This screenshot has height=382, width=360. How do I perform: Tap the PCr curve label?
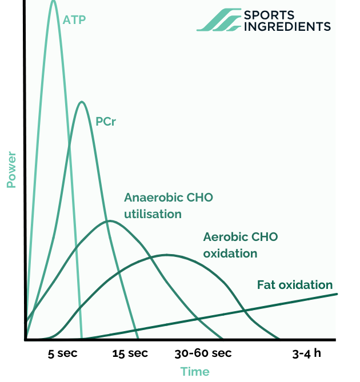click(x=106, y=122)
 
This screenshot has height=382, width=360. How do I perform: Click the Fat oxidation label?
click(x=294, y=284)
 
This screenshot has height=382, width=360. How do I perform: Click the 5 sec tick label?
click(x=63, y=353)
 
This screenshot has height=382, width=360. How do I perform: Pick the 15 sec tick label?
click(x=130, y=353)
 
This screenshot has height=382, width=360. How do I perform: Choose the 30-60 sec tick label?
click(x=203, y=353)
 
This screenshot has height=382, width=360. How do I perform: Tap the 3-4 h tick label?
click(x=307, y=353)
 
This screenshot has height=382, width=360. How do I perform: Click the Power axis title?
click(x=11, y=169)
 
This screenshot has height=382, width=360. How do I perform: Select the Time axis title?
click(x=195, y=372)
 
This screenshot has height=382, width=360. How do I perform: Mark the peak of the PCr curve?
click(x=82, y=102)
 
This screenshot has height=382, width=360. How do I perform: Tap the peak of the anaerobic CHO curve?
click(x=108, y=220)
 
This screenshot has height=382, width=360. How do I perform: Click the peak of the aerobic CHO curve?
click(x=166, y=255)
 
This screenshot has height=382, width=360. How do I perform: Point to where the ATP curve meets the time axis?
click(x=82, y=339)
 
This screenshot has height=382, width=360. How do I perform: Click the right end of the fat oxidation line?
click(x=337, y=294)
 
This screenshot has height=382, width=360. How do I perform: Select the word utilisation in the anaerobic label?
click(x=153, y=214)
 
